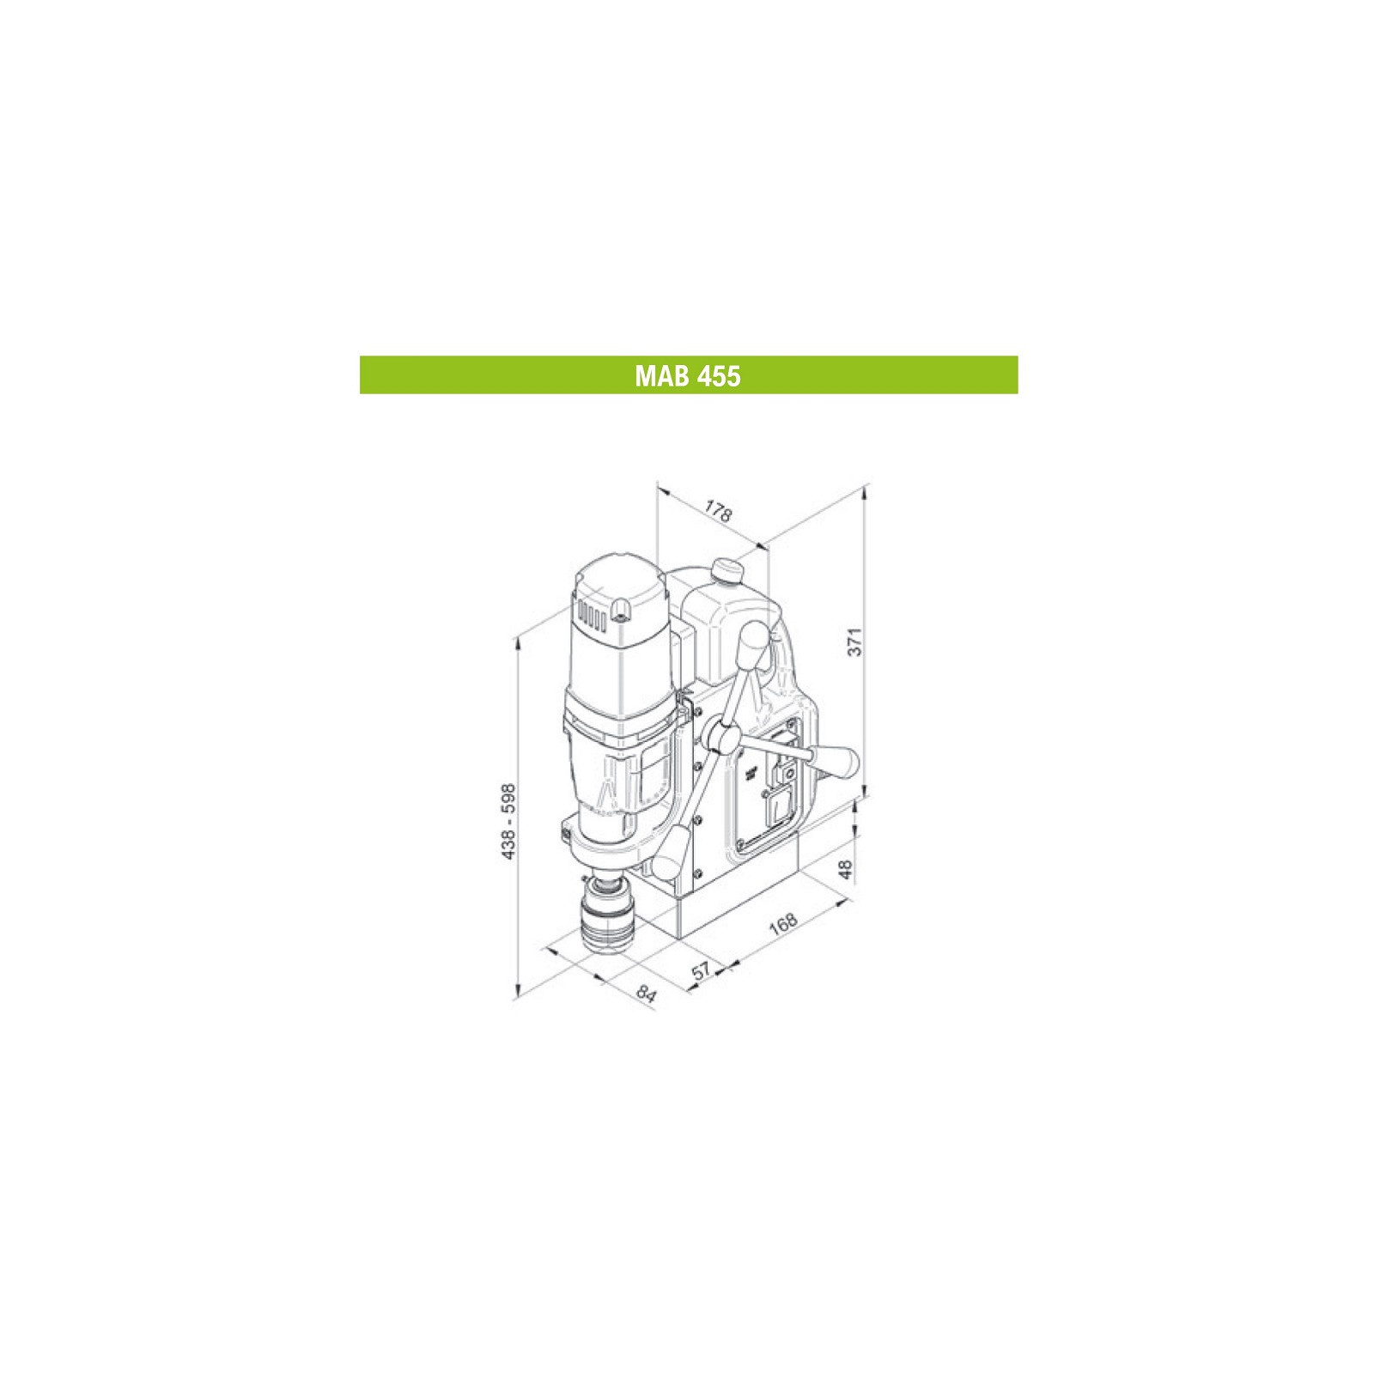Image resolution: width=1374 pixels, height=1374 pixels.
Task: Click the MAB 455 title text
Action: [x=688, y=375]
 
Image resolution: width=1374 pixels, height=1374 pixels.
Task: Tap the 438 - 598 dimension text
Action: [x=509, y=821]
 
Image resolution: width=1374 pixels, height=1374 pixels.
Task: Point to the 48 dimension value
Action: [x=847, y=869]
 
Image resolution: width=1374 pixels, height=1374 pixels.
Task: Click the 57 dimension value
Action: [x=702, y=970]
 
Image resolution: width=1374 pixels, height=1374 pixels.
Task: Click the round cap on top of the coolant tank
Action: [x=727, y=570]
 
